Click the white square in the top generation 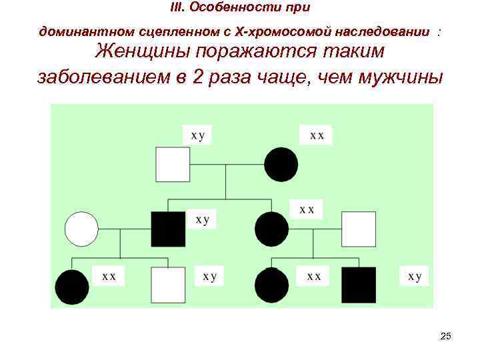(x=173, y=165)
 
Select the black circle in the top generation (x=281, y=165)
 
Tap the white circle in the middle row (x=81, y=229)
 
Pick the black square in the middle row (x=168, y=229)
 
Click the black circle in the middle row (x=272, y=229)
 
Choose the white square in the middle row (x=359, y=229)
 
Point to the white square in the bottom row (x=168, y=285)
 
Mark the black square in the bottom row (x=359, y=285)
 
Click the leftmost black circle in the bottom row (x=72, y=287)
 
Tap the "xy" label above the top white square (x=198, y=135)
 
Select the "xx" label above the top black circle (x=317, y=135)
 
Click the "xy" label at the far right (x=415, y=276)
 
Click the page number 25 (x=446, y=336)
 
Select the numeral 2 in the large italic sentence (x=197, y=76)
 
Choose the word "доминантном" (x=78, y=31)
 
